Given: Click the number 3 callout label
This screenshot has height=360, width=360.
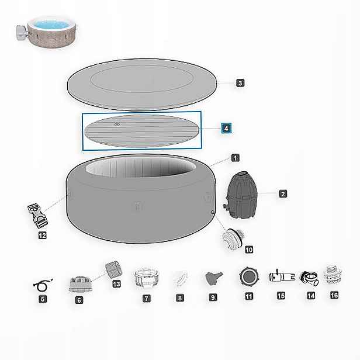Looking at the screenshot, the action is point(240,83).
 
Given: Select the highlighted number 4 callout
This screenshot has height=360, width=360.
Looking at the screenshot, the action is point(226,128).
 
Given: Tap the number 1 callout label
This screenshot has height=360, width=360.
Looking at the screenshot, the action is point(236,158).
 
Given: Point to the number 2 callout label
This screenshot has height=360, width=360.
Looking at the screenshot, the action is point(283,194).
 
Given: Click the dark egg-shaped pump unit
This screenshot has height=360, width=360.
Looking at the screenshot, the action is point(240,195).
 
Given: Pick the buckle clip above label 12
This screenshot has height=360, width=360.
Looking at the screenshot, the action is point(37,216).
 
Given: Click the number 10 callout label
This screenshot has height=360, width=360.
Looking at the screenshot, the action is point(249,250).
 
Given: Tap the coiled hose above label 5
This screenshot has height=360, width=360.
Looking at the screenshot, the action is point(43,285).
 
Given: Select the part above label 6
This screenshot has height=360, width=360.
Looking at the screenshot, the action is point(81,284).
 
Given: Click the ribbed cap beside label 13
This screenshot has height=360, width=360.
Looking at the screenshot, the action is point(113,269).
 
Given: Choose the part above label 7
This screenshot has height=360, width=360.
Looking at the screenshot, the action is point(146,278).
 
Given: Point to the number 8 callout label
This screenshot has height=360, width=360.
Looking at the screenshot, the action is point(180,298).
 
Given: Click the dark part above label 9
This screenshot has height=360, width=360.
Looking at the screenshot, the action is point(213,278).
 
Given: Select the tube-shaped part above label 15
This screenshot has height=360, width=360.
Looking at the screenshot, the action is point(282,276).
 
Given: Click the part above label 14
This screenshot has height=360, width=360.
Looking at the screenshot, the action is point(310,278).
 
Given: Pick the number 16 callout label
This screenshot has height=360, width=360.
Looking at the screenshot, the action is point(334,295).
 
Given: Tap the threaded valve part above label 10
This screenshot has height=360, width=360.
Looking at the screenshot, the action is point(233,239).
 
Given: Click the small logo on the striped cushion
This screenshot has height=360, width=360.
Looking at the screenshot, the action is point(117,124).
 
